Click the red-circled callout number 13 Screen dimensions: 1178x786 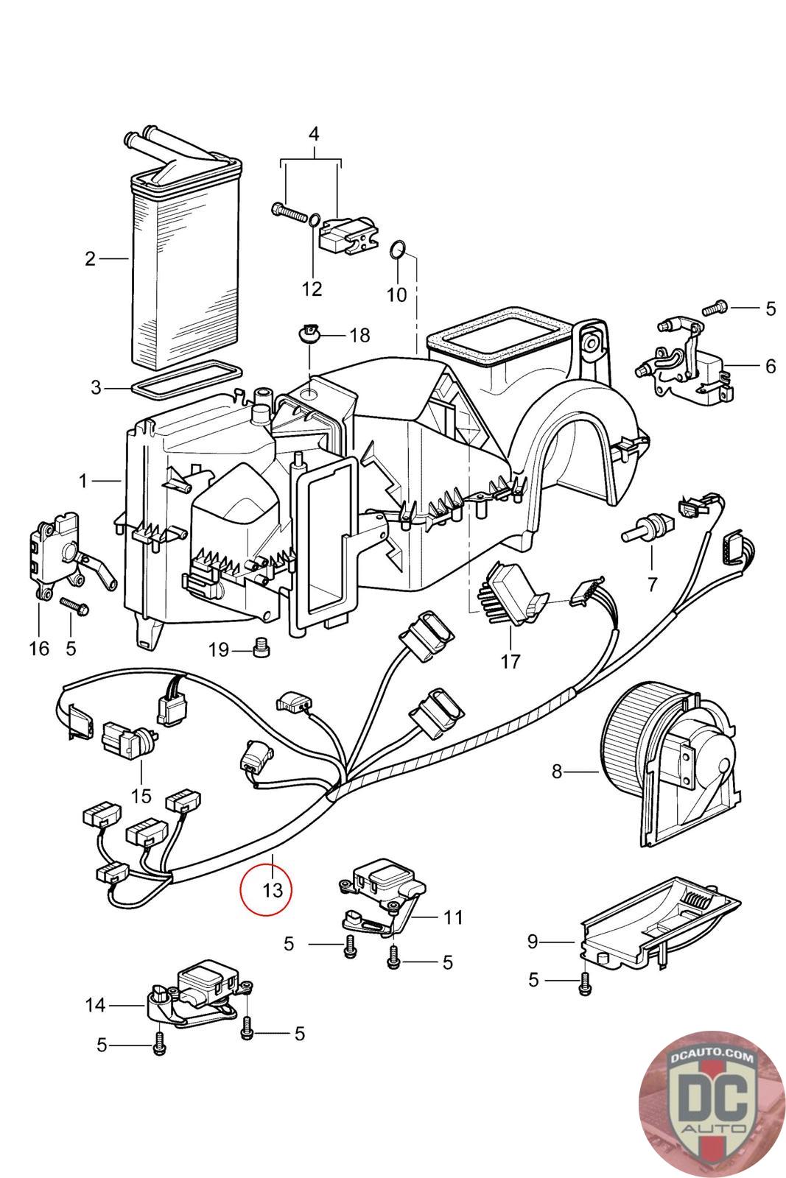[x=272, y=889]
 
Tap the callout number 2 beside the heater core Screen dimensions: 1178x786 [x=90, y=259]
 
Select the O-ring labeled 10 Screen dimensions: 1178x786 [x=396, y=251]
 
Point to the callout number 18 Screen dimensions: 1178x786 [x=359, y=336]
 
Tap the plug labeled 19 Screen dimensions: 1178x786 [x=260, y=648]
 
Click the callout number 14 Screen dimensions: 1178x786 [x=96, y=1005]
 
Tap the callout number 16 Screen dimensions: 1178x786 [x=38, y=649]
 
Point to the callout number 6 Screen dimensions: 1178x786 [x=771, y=366]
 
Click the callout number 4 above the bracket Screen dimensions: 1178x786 [x=313, y=135]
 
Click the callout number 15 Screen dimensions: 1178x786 [x=141, y=795]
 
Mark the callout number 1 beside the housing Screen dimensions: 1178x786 [x=84, y=481]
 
